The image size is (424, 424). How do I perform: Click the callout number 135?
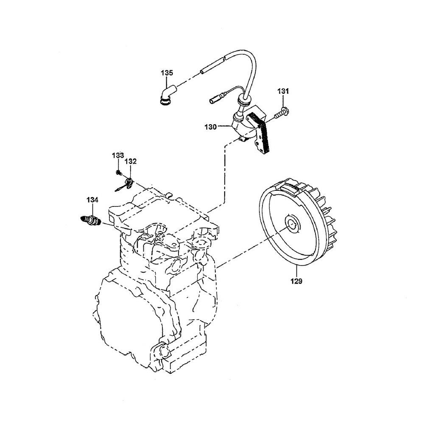click(x=167, y=73)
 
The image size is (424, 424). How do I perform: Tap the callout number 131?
click(x=283, y=91)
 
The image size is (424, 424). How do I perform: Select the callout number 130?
click(x=211, y=126)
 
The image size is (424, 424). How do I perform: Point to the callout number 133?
click(x=118, y=156)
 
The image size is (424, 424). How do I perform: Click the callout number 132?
click(x=130, y=161)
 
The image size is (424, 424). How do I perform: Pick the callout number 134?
click(x=92, y=200)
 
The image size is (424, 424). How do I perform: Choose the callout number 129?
click(x=296, y=281)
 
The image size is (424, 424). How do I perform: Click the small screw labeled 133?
click(x=118, y=172)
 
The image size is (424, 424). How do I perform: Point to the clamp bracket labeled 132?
click(x=125, y=185)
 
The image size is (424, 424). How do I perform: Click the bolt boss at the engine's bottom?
click(x=163, y=351)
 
